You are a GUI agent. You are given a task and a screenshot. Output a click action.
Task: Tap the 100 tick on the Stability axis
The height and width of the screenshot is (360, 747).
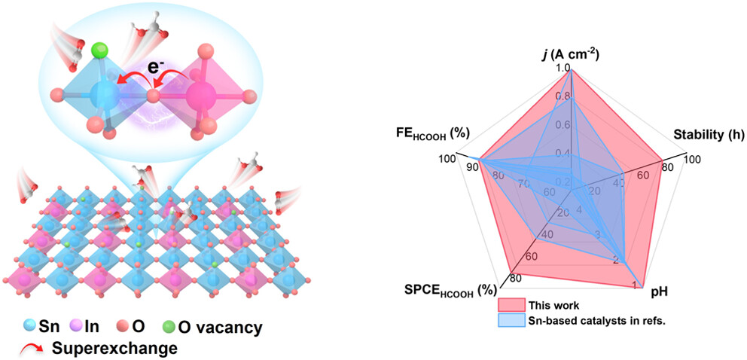[692, 159]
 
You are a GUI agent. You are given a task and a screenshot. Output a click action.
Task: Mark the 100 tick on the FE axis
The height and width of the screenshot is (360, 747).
[447, 159]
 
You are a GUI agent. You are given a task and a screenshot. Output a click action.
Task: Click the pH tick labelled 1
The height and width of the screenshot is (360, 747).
[634, 285]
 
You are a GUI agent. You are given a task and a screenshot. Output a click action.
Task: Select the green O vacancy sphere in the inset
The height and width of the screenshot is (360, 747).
[97, 51]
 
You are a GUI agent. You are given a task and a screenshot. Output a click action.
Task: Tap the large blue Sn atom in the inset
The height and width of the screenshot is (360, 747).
[104, 96]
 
